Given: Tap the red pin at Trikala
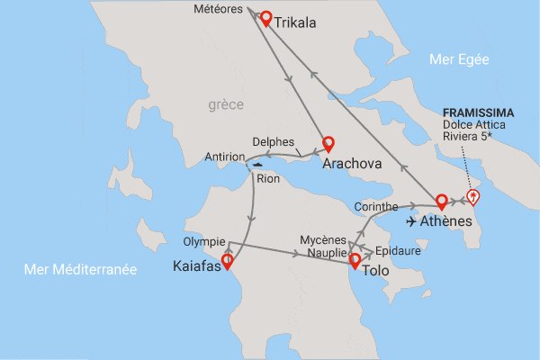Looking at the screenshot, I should click(265, 17).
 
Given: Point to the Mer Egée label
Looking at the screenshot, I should click(459, 60).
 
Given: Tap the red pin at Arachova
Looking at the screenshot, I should click(328, 143).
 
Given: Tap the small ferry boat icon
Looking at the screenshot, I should click(258, 165).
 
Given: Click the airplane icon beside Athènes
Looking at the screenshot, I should click(415, 221).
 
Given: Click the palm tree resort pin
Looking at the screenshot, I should click(473, 198).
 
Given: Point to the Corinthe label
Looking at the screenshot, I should click(377, 206).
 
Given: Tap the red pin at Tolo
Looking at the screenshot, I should click(355, 261).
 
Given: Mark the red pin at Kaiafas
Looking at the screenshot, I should click(227, 261).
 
